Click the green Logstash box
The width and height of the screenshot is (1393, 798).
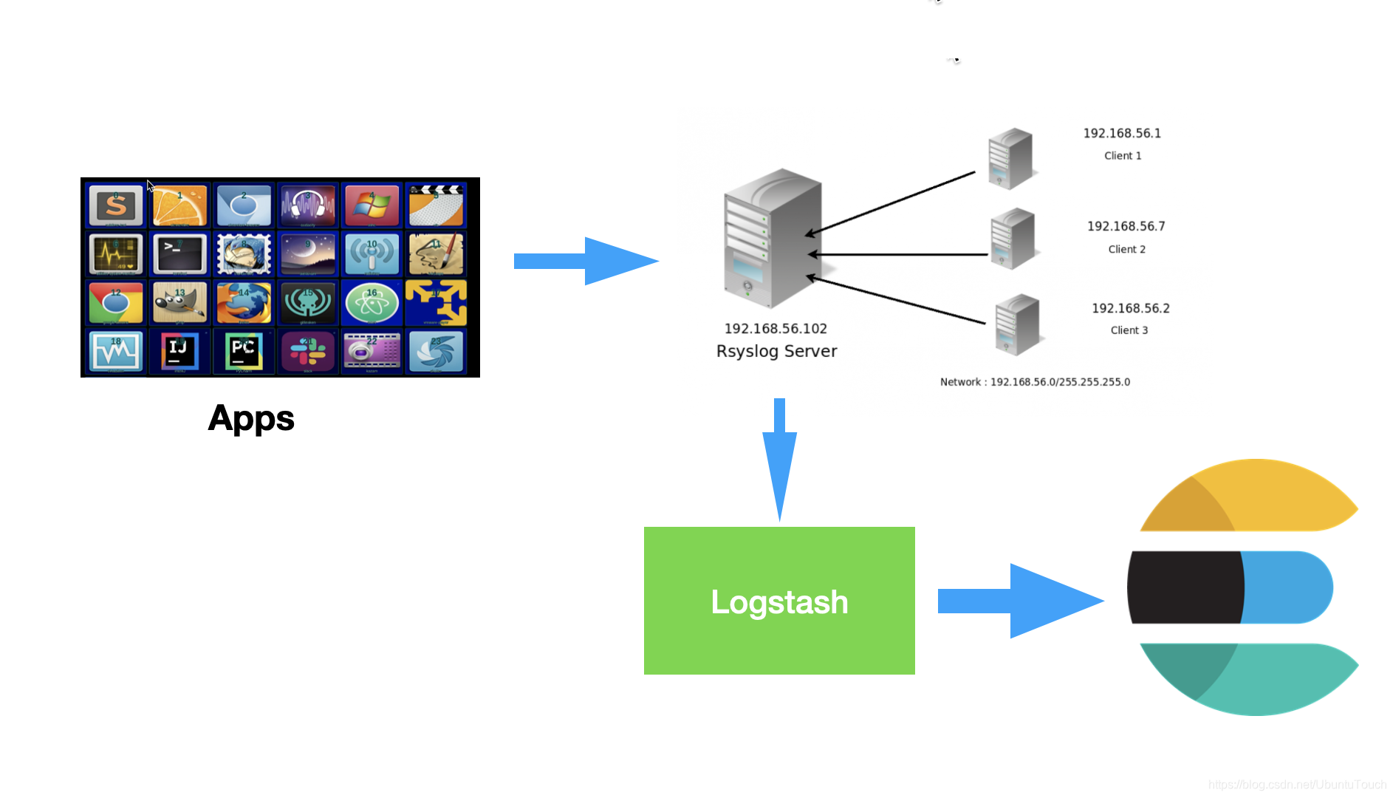point(779,600)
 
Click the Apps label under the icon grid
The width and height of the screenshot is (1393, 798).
point(251,418)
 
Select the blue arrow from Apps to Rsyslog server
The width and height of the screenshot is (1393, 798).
point(583,261)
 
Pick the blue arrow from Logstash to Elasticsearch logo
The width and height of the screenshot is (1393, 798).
point(1019,601)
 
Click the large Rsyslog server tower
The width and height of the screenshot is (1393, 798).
point(772,240)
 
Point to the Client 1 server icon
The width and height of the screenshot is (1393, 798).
point(1010,158)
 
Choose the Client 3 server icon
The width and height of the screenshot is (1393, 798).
point(1017,324)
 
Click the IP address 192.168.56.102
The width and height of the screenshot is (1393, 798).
point(776,329)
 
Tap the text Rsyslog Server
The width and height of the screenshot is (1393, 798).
point(776,352)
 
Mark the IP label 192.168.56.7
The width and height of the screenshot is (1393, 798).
point(1126,226)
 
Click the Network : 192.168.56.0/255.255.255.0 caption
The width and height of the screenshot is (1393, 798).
point(1035,382)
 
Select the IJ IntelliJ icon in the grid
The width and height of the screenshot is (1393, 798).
point(179,351)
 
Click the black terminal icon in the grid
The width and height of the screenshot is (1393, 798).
point(179,253)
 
